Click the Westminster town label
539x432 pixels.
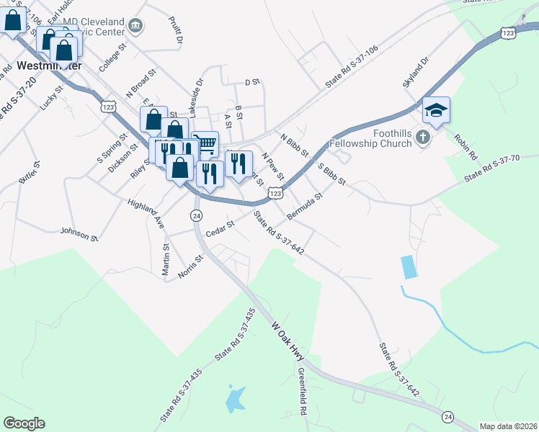tap(49, 66)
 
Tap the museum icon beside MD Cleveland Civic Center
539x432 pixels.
tap(135, 27)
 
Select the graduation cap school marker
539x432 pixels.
tap(436, 111)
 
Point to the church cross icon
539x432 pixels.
tap(423, 137)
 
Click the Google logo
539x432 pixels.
tap(24, 423)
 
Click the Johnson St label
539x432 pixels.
tap(79, 234)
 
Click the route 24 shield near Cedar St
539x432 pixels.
tap(196, 215)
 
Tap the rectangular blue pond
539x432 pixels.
tap(409, 267)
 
